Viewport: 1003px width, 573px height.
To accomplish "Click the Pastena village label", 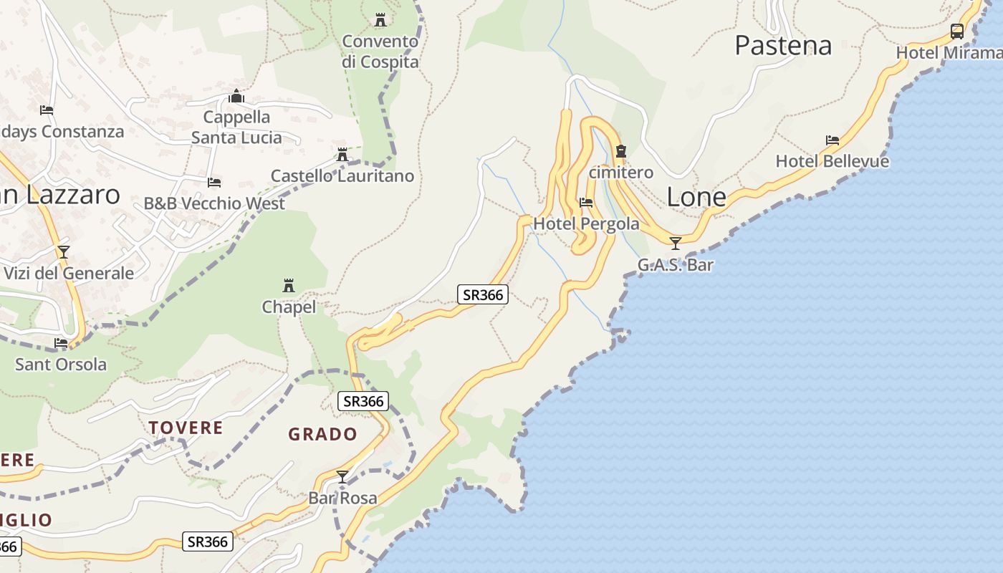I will (x=783, y=46).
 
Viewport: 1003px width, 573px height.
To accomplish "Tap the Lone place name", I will (x=696, y=197).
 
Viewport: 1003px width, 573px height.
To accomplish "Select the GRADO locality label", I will (x=322, y=434).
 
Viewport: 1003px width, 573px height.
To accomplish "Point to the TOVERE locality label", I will (x=186, y=428).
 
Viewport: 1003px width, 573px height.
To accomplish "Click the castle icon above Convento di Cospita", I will (x=380, y=19).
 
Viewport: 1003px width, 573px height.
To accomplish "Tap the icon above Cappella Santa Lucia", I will (x=236, y=96).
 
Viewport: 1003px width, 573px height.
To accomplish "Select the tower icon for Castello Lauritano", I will (x=342, y=154).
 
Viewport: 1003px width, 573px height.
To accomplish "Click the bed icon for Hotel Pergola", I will (x=586, y=203).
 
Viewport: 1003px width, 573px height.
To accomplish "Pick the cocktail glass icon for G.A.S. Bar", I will (x=675, y=244).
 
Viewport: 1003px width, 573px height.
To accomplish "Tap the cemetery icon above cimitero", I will (x=621, y=151).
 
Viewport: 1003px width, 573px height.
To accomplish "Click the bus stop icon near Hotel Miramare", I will (x=956, y=31).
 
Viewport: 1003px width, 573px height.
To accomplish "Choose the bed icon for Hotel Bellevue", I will (x=832, y=140).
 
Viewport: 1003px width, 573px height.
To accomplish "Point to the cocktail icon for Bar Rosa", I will (x=342, y=476).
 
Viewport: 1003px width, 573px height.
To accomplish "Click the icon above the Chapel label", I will (x=289, y=286).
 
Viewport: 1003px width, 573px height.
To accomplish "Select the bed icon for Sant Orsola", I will (x=61, y=343).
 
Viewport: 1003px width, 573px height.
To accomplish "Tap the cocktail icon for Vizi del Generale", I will (x=64, y=251).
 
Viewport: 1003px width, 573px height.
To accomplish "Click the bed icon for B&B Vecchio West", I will (x=213, y=183).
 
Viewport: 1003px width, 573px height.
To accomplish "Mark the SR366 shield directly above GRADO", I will (x=363, y=401).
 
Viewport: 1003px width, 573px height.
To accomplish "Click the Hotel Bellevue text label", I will (x=832, y=161).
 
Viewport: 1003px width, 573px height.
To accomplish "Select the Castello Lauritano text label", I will (x=342, y=175).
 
